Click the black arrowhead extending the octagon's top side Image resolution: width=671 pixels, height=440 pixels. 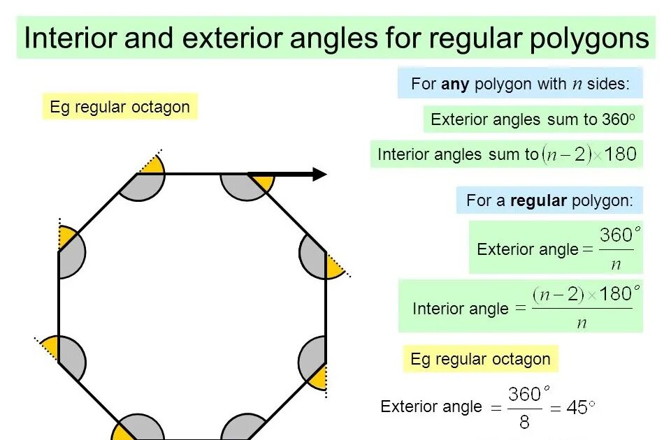coord(319,174)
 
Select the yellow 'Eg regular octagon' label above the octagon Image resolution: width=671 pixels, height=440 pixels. coord(120,107)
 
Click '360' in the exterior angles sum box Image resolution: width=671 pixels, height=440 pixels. coord(615,119)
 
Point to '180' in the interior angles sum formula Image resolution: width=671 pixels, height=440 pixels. coord(621,154)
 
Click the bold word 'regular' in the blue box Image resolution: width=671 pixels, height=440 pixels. coord(538,200)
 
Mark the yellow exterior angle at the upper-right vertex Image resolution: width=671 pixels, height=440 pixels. coord(334,266)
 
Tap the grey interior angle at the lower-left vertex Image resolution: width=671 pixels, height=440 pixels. coord(71,357)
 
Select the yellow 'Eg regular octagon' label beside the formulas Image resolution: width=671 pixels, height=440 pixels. coord(480,360)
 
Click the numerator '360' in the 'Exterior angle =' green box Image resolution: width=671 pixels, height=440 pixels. coord(616,235)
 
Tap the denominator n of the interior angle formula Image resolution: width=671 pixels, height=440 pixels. coord(582,322)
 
